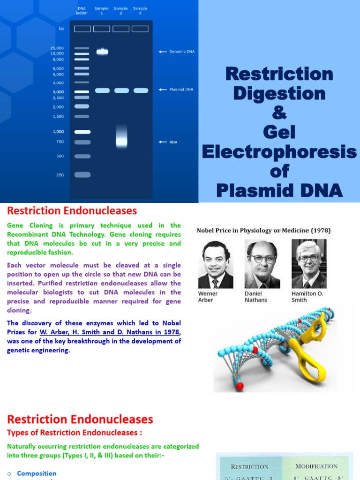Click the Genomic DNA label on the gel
pyautogui.click(x=182, y=52)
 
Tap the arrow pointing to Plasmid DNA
pyautogui.click(x=163, y=89)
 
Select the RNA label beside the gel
pyautogui.click(x=173, y=141)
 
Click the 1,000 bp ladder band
pyautogui.click(x=82, y=132)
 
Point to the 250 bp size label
pyautogui.click(x=60, y=175)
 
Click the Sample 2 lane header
pyautogui.click(x=120, y=11)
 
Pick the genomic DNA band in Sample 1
pyautogui.click(x=102, y=52)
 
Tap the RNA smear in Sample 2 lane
pyautogui.click(x=121, y=138)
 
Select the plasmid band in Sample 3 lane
pyautogui.click(x=140, y=90)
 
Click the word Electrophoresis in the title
pyautogui.click(x=279, y=152)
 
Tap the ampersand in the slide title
pyautogui.click(x=279, y=113)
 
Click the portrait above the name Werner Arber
pyautogui.click(x=216, y=264)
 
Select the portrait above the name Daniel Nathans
pyautogui.click(x=262, y=264)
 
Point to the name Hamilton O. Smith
pyautogui.click(x=307, y=297)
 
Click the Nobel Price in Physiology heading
pyautogui.click(x=263, y=231)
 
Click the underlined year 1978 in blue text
pyautogui.click(x=171, y=332)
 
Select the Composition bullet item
pyautogui.click(x=37, y=473)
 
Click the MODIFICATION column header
pyautogui.click(x=316, y=466)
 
